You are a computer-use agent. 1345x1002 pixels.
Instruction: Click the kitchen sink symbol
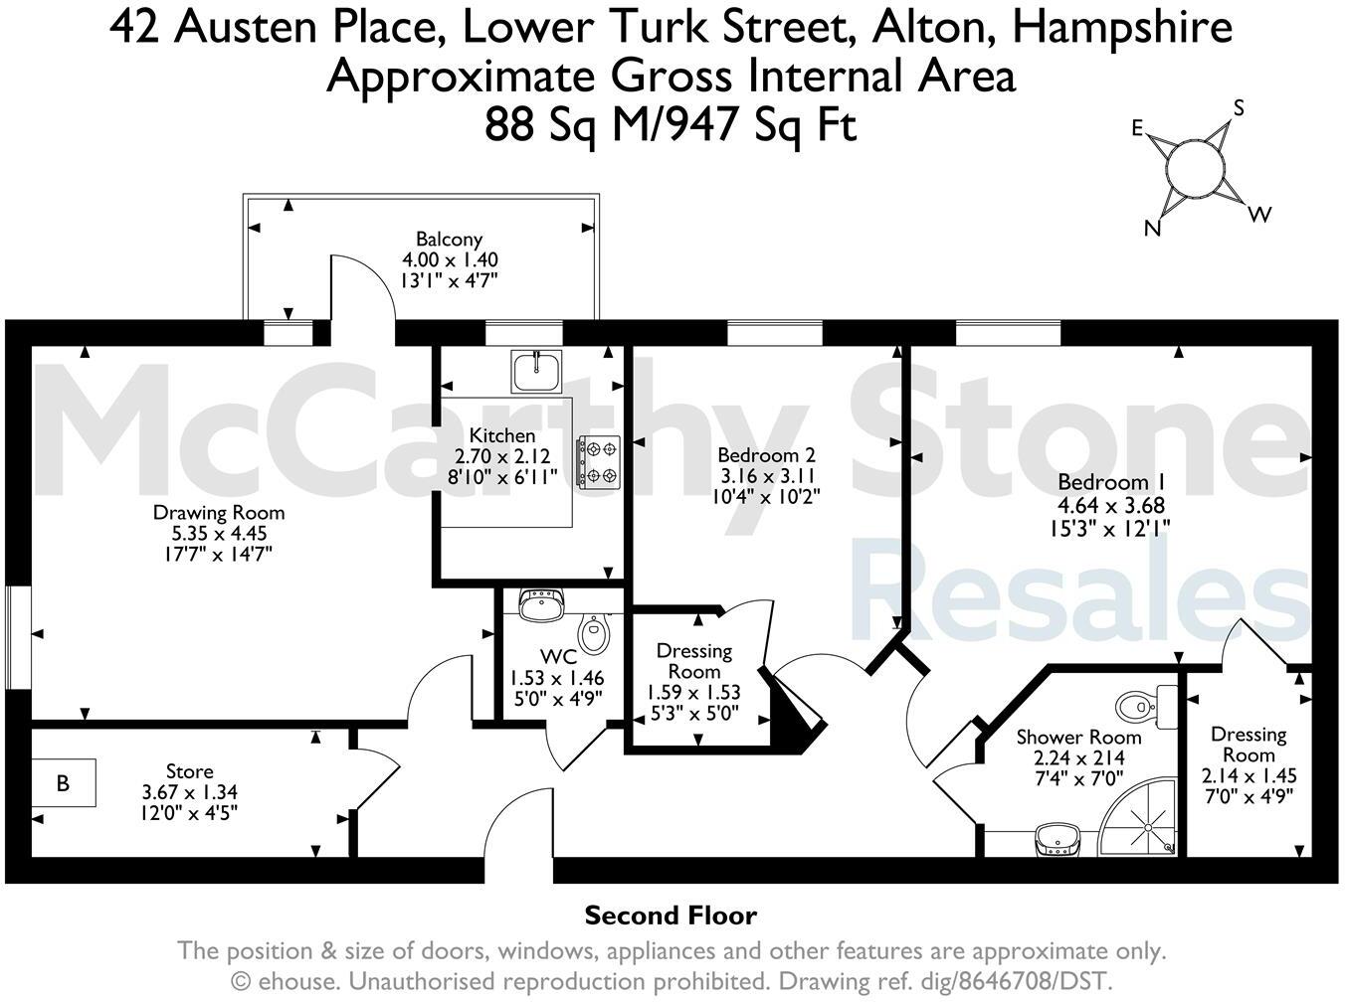(537, 371)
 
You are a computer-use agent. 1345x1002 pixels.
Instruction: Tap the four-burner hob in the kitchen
(598, 462)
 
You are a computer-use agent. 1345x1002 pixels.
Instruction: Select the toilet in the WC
(594, 634)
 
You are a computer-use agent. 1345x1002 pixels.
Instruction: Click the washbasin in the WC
(541, 603)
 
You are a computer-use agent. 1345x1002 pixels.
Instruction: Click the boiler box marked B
(64, 783)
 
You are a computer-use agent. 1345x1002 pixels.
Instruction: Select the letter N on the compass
(1153, 229)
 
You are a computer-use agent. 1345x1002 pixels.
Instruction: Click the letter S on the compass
(1239, 108)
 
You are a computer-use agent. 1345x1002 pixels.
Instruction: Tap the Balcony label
(449, 239)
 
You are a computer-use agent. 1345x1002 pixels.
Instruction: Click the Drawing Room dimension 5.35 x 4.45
(219, 534)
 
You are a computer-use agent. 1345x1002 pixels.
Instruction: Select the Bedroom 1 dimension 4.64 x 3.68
(1112, 505)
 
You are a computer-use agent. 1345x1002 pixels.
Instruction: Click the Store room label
(189, 771)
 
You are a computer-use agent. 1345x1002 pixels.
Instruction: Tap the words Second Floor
(671, 916)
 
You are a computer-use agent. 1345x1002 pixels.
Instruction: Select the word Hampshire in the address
(1122, 27)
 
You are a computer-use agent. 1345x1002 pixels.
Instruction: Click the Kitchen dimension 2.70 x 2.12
(502, 456)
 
